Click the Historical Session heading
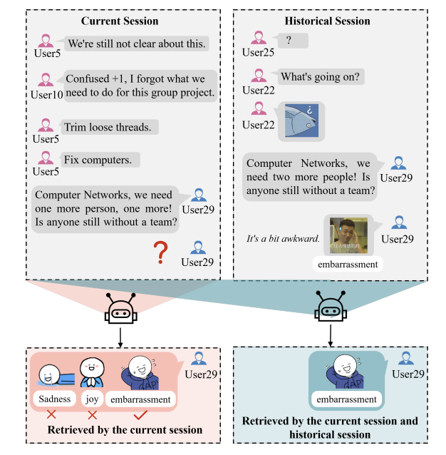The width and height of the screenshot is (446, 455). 327,21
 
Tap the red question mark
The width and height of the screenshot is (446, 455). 162,253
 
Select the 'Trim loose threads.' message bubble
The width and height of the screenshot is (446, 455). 108,128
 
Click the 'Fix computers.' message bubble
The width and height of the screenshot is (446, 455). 98,160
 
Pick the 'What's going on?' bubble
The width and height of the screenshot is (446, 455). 321,76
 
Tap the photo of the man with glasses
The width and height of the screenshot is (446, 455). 348,236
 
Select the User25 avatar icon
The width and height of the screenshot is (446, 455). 258,37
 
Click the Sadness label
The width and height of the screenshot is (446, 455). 55,399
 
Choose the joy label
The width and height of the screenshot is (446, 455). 91,399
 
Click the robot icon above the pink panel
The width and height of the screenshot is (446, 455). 120,308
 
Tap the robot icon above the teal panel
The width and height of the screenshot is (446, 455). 330,308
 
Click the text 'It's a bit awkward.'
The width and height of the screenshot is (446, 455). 283,239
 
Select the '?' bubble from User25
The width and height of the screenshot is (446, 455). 289,41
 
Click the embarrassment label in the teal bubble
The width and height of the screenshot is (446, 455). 346,399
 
